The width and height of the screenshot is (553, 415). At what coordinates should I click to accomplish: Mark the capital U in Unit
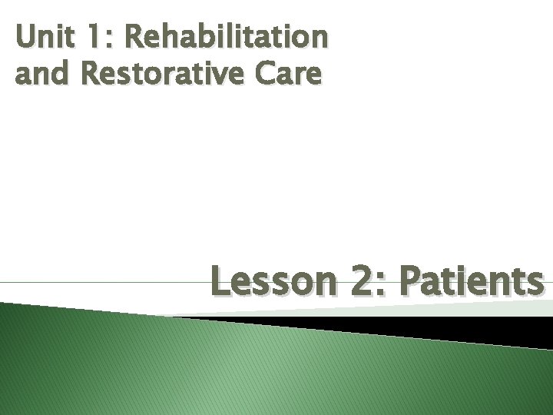pos(25,36)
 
